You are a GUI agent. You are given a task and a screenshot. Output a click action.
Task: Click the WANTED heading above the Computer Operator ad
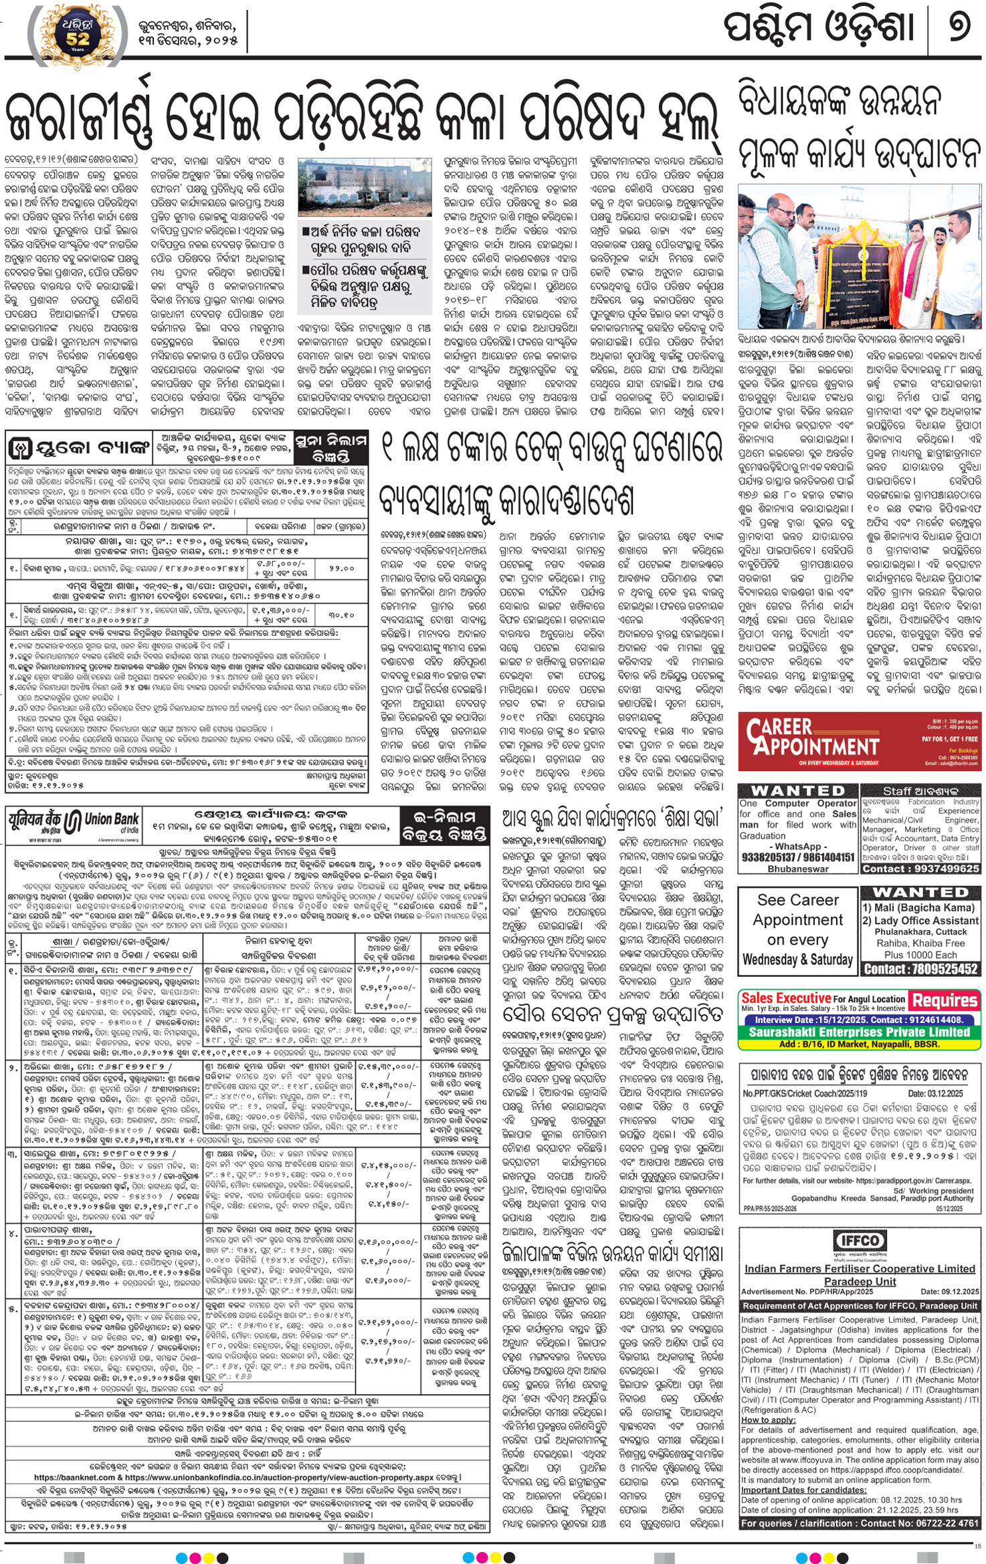coord(797,790)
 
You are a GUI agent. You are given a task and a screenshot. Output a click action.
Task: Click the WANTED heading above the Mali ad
coord(920,893)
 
